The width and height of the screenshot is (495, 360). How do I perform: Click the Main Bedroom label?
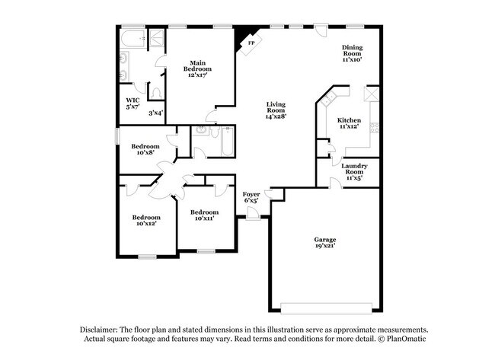click(x=198, y=68)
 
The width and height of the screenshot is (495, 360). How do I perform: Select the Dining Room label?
click(x=351, y=52)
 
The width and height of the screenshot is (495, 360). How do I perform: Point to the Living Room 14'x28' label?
click(x=276, y=111)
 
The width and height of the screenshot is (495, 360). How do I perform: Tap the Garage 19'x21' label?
click(x=325, y=243)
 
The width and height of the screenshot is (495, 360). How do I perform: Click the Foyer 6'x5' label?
click(x=251, y=198)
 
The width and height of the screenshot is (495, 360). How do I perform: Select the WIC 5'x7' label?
click(x=133, y=103)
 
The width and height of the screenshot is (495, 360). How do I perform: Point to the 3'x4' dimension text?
click(x=155, y=113)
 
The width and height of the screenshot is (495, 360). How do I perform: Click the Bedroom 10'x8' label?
click(x=145, y=150)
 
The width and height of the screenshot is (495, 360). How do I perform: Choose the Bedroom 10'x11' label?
click(x=204, y=215)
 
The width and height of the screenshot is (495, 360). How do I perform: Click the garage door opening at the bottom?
click(x=327, y=307)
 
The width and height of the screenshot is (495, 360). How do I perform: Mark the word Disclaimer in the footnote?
click(x=102, y=328)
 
